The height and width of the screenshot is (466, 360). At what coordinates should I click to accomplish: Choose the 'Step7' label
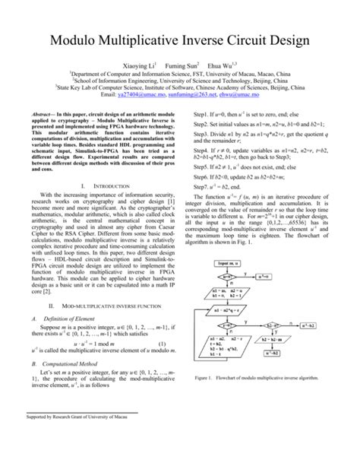[x=203, y=187]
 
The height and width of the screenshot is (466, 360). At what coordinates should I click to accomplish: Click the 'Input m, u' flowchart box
[x=229, y=263]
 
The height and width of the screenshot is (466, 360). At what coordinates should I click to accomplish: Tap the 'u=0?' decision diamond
[x=229, y=277]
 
